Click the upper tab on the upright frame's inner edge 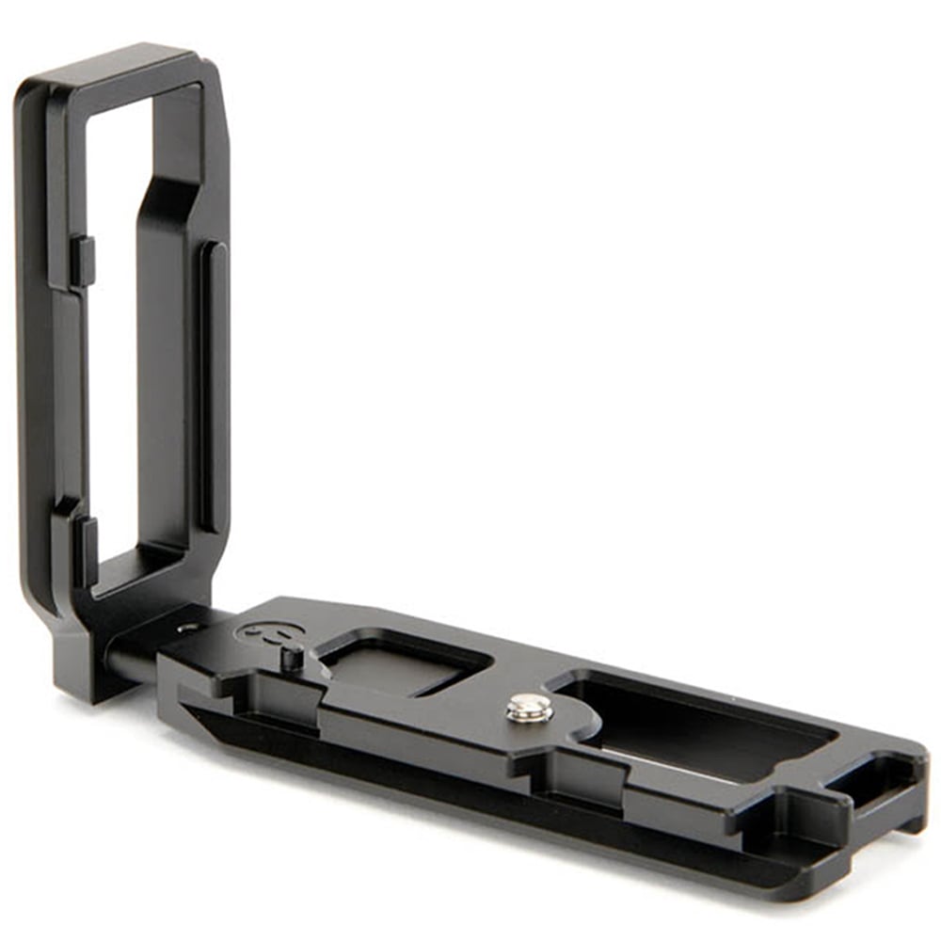pos(84,262)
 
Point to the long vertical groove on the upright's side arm pos(213,386)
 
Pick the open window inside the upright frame pos(113,329)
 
